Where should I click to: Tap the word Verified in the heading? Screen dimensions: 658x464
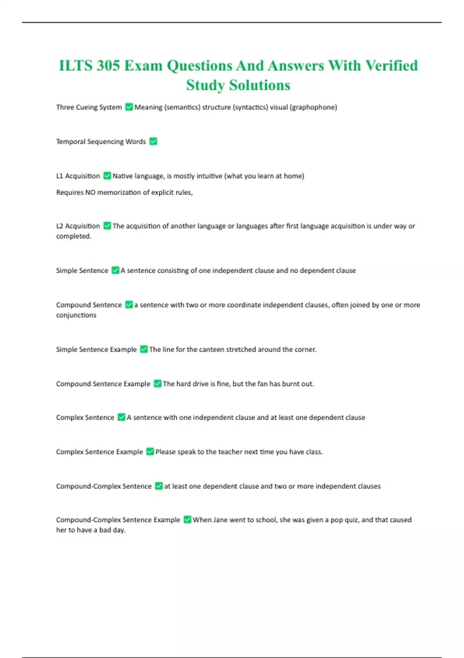pyautogui.click(x=392, y=66)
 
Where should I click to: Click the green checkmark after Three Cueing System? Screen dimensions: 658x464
pyautogui.click(x=129, y=107)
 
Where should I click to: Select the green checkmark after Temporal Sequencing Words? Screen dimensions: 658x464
pyautogui.click(x=153, y=141)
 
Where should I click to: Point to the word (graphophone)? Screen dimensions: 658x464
pyautogui.click(x=313, y=107)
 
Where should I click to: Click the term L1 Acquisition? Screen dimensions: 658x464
pyautogui.click(x=78, y=176)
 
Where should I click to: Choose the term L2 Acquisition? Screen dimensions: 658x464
pyautogui.click(x=78, y=226)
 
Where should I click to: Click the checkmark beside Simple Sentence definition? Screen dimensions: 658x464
pyautogui.click(x=115, y=270)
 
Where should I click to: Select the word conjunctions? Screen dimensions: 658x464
pyautogui.click(x=76, y=315)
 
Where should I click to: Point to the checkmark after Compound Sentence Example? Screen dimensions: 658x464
pyautogui.click(x=157, y=384)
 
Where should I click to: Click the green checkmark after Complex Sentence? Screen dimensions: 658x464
pyautogui.click(x=121, y=417)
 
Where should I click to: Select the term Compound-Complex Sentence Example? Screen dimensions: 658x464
pyautogui.click(x=118, y=520)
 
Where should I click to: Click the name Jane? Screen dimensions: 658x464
pyautogui.click(x=220, y=520)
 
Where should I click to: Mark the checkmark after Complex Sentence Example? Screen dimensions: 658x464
pyautogui.click(x=150, y=452)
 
